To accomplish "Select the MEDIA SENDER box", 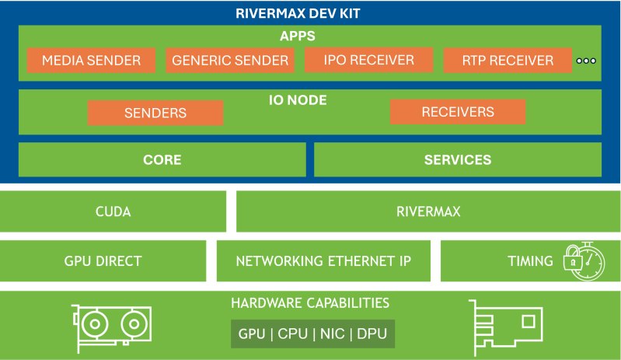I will click(91, 61).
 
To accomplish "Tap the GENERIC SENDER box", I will click(230, 61).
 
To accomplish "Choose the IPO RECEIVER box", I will click(368, 60).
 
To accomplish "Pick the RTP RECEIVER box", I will click(508, 61).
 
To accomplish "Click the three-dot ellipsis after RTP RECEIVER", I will click(586, 61).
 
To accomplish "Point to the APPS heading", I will click(298, 37).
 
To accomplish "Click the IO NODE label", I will click(298, 100).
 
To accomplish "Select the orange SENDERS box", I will click(155, 113).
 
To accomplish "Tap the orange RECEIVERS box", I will click(457, 112).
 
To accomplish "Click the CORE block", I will click(162, 159).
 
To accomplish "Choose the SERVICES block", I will click(457, 159).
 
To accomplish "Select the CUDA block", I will click(113, 211).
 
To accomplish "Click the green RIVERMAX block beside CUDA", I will click(427, 211).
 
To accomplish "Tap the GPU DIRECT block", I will click(103, 261).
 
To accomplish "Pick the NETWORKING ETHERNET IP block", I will click(323, 261).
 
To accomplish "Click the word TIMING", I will click(530, 261).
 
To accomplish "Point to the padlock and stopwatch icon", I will click(583, 260).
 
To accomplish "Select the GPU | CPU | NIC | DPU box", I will click(312, 334).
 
